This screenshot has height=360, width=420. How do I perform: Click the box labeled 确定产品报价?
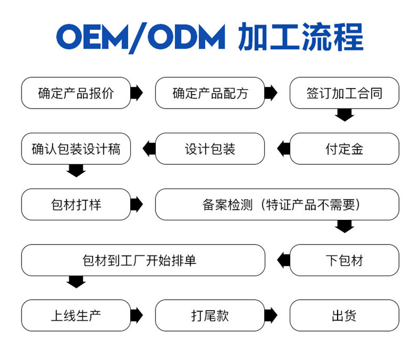coord(76,93)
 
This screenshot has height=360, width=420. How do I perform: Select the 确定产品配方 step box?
coord(210,93)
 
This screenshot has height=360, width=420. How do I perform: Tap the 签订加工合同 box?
coord(344,93)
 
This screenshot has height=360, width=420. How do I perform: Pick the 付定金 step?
coord(344,149)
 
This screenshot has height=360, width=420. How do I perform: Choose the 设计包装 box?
coord(210,149)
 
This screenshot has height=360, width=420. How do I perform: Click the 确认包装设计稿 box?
coord(76,149)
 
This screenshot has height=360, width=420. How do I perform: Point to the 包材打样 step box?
coord(76,204)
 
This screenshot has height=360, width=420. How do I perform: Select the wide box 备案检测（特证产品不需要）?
coord(277,204)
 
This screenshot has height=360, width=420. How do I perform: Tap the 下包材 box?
coord(344,260)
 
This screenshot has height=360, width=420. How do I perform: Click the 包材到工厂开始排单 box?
coord(143,260)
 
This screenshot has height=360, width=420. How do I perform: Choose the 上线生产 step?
coord(76,315)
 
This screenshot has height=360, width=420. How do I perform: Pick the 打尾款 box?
coord(210,315)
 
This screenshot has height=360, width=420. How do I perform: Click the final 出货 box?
coord(344,315)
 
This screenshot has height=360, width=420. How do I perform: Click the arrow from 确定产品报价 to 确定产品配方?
coord(136,93)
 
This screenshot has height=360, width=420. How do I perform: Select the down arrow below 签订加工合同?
coord(344,115)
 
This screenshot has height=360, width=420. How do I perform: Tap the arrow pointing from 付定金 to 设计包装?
coord(283,149)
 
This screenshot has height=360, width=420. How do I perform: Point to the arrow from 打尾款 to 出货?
coord(271,315)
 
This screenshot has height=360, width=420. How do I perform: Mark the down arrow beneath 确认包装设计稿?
coord(76,171)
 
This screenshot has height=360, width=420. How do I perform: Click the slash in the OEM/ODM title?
coord(138,38)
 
